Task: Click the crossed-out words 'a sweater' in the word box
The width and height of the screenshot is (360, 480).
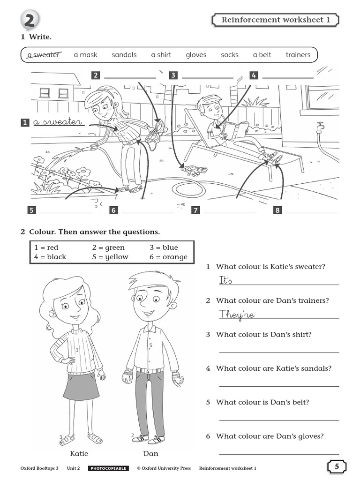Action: point(43,55)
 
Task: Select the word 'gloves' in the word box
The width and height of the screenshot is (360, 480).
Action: point(196,55)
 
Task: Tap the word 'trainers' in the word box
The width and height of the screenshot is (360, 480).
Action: point(298,55)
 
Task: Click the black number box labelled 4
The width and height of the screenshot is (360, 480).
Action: point(254,75)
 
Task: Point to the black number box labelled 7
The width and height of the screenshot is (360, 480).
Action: point(195,210)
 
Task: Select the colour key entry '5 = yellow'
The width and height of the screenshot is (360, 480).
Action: point(110,257)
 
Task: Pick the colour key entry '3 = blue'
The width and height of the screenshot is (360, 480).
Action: point(164,247)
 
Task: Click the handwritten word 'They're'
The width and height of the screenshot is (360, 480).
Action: point(237,315)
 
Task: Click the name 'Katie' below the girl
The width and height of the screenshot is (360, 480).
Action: point(79,453)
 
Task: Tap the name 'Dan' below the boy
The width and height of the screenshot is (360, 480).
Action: point(150,453)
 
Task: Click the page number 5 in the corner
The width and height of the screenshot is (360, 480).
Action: point(337,466)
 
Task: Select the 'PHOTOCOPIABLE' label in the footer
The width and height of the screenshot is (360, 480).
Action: point(108,468)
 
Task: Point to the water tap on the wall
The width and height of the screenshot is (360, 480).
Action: point(320,127)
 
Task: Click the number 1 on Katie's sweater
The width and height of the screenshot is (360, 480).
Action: point(77,349)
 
